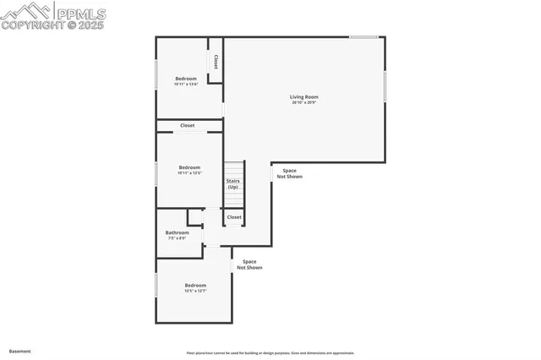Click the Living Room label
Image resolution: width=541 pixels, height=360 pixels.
click(x=304, y=96)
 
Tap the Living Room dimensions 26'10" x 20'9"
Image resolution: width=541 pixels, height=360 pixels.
click(x=304, y=102)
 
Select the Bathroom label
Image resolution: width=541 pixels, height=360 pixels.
click(x=177, y=232)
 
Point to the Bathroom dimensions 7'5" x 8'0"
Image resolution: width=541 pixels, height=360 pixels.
click(x=177, y=237)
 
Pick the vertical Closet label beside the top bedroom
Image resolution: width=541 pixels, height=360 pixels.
click(x=216, y=62)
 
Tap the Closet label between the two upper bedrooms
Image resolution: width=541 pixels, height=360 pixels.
click(x=188, y=125)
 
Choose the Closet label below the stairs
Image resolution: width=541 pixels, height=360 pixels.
click(x=234, y=217)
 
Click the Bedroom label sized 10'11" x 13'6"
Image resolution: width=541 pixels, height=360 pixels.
click(x=186, y=79)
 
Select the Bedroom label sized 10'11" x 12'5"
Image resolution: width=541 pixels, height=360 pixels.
click(x=189, y=167)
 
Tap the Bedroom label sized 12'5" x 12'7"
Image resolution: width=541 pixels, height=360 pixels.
click(x=195, y=285)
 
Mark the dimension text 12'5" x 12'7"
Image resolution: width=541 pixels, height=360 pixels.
click(x=195, y=291)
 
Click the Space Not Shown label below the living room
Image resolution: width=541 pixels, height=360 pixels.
click(x=289, y=173)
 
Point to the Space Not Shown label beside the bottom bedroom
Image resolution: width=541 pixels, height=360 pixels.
click(x=249, y=265)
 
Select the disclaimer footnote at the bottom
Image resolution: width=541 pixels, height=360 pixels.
click(x=270, y=353)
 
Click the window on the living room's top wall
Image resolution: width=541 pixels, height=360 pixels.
click(x=364, y=37)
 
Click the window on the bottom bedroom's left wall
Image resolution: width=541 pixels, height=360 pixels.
click(x=156, y=284)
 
